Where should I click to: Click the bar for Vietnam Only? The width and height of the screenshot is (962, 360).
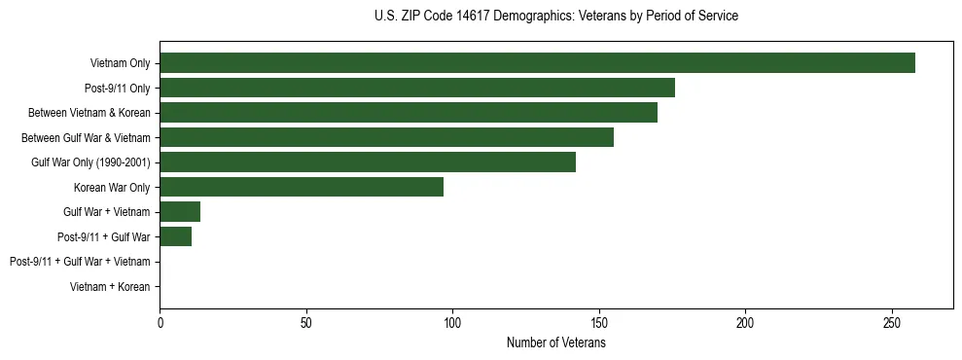(x=537, y=63)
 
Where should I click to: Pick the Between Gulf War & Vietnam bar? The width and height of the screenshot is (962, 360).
(x=386, y=137)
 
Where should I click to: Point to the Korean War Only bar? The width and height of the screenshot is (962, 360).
(x=302, y=187)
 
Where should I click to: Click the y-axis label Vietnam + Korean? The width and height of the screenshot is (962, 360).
(x=110, y=287)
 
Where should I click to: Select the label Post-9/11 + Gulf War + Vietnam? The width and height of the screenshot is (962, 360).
(x=80, y=262)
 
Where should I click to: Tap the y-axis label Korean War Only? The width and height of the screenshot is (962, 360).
(x=112, y=188)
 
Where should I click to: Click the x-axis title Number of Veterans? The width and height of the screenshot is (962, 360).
(x=555, y=343)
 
